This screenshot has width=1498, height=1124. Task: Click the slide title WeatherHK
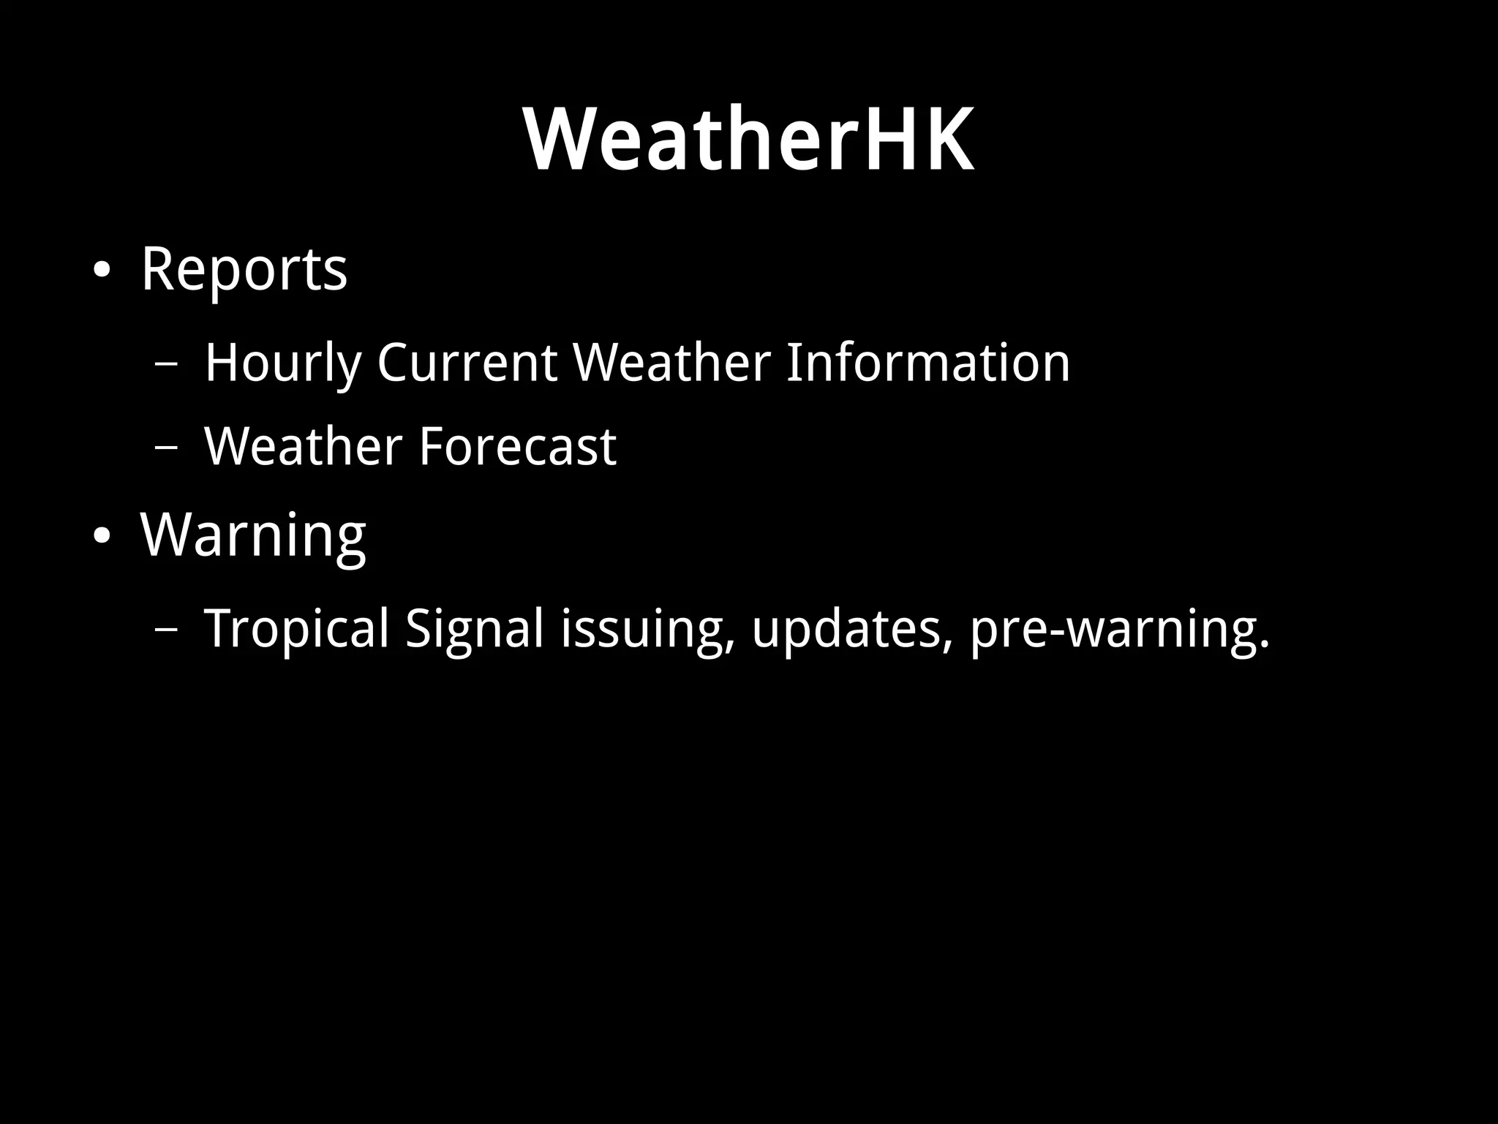coord(748,139)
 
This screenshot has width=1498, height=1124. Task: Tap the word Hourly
coord(283,363)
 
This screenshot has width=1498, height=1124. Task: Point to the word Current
coord(467,363)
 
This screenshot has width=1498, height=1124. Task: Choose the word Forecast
coord(517,446)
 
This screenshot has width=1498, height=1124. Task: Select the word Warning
coord(253,536)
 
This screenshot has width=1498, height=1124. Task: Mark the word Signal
coord(475,629)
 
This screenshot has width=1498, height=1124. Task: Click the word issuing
coord(647,629)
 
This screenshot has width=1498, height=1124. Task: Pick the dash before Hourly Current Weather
coord(165,363)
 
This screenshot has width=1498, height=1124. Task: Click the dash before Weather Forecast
coord(165,448)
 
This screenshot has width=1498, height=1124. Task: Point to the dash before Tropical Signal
coord(165,629)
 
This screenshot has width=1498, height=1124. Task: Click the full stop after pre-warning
coord(1264,645)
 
